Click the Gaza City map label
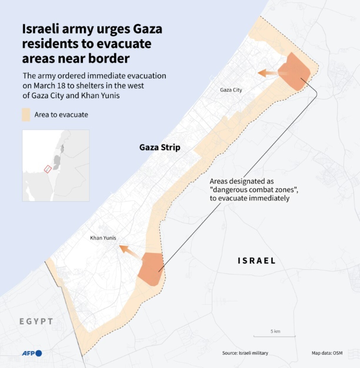point(231,90)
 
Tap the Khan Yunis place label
point(103,238)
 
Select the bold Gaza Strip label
point(160,147)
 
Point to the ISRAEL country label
point(256,260)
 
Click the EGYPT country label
point(36,321)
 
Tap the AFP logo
point(32,353)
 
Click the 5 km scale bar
point(275,335)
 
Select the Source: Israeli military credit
point(245,353)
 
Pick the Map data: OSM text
point(327,353)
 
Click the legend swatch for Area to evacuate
point(26,115)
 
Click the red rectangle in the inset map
point(48,169)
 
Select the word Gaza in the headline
point(147,29)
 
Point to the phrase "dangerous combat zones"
point(254,190)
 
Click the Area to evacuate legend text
point(61,115)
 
